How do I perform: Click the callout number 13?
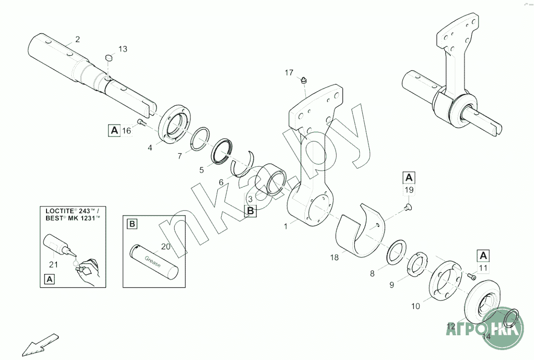(x=122, y=49)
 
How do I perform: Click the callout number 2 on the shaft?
(x=77, y=39)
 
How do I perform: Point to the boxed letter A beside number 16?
(x=114, y=131)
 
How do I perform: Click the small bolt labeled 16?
(x=140, y=123)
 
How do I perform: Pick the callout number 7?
(x=180, y=156)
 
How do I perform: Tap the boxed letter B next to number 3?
(x=251, y=211)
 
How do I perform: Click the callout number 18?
(x=335, y=257)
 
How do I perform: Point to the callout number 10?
(x=415, y=306)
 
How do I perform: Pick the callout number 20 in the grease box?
(x=166, y=246)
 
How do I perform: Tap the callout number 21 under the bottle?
(x=53, y=264)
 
